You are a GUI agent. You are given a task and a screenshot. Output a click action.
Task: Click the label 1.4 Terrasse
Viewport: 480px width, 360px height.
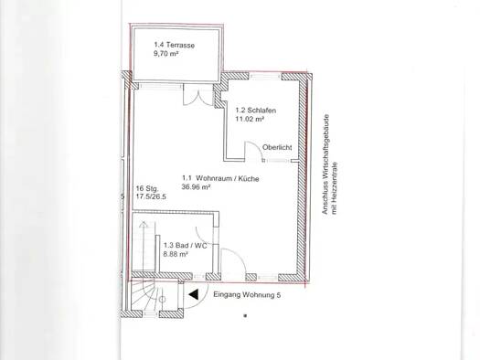[x=175, y=46]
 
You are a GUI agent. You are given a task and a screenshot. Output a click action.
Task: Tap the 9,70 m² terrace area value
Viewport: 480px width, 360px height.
[x=165, y=54]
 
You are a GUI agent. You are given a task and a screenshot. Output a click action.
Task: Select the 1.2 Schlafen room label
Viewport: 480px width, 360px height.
[x=256, y=111]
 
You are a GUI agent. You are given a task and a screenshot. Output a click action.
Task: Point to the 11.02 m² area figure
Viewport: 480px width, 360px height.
[x=250, y=120]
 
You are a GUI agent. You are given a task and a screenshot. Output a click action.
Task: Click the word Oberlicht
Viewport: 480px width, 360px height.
[x=277, y=147]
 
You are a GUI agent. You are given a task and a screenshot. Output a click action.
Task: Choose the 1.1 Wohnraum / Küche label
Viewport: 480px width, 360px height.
[x=220, y=178]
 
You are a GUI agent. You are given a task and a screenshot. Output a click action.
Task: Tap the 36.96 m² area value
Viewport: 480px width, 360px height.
[x=197, y=187]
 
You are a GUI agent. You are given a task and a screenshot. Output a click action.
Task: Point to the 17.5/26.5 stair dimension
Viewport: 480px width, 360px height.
[x=151, y=196]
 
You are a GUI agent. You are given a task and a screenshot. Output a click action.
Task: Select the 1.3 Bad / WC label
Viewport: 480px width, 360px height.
[x=186, y=246]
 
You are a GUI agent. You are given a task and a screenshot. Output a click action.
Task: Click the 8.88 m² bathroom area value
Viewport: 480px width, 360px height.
[x=176, y=254]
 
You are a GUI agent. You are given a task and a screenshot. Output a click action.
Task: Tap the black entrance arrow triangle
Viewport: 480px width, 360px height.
[x=194, y=294]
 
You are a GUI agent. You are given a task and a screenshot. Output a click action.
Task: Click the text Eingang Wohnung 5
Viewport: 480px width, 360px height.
[x=247, y=295]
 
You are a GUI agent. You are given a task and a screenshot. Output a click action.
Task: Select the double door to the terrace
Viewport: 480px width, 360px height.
[x=197, y=97]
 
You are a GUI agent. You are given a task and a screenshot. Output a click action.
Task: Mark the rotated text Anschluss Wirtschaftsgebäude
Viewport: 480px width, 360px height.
[x=326, y=164]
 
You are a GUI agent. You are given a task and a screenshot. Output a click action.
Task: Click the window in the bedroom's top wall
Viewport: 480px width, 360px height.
[x=265, y=76]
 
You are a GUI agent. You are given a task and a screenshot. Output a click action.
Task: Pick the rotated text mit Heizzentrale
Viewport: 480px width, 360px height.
[x=335, y=188]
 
